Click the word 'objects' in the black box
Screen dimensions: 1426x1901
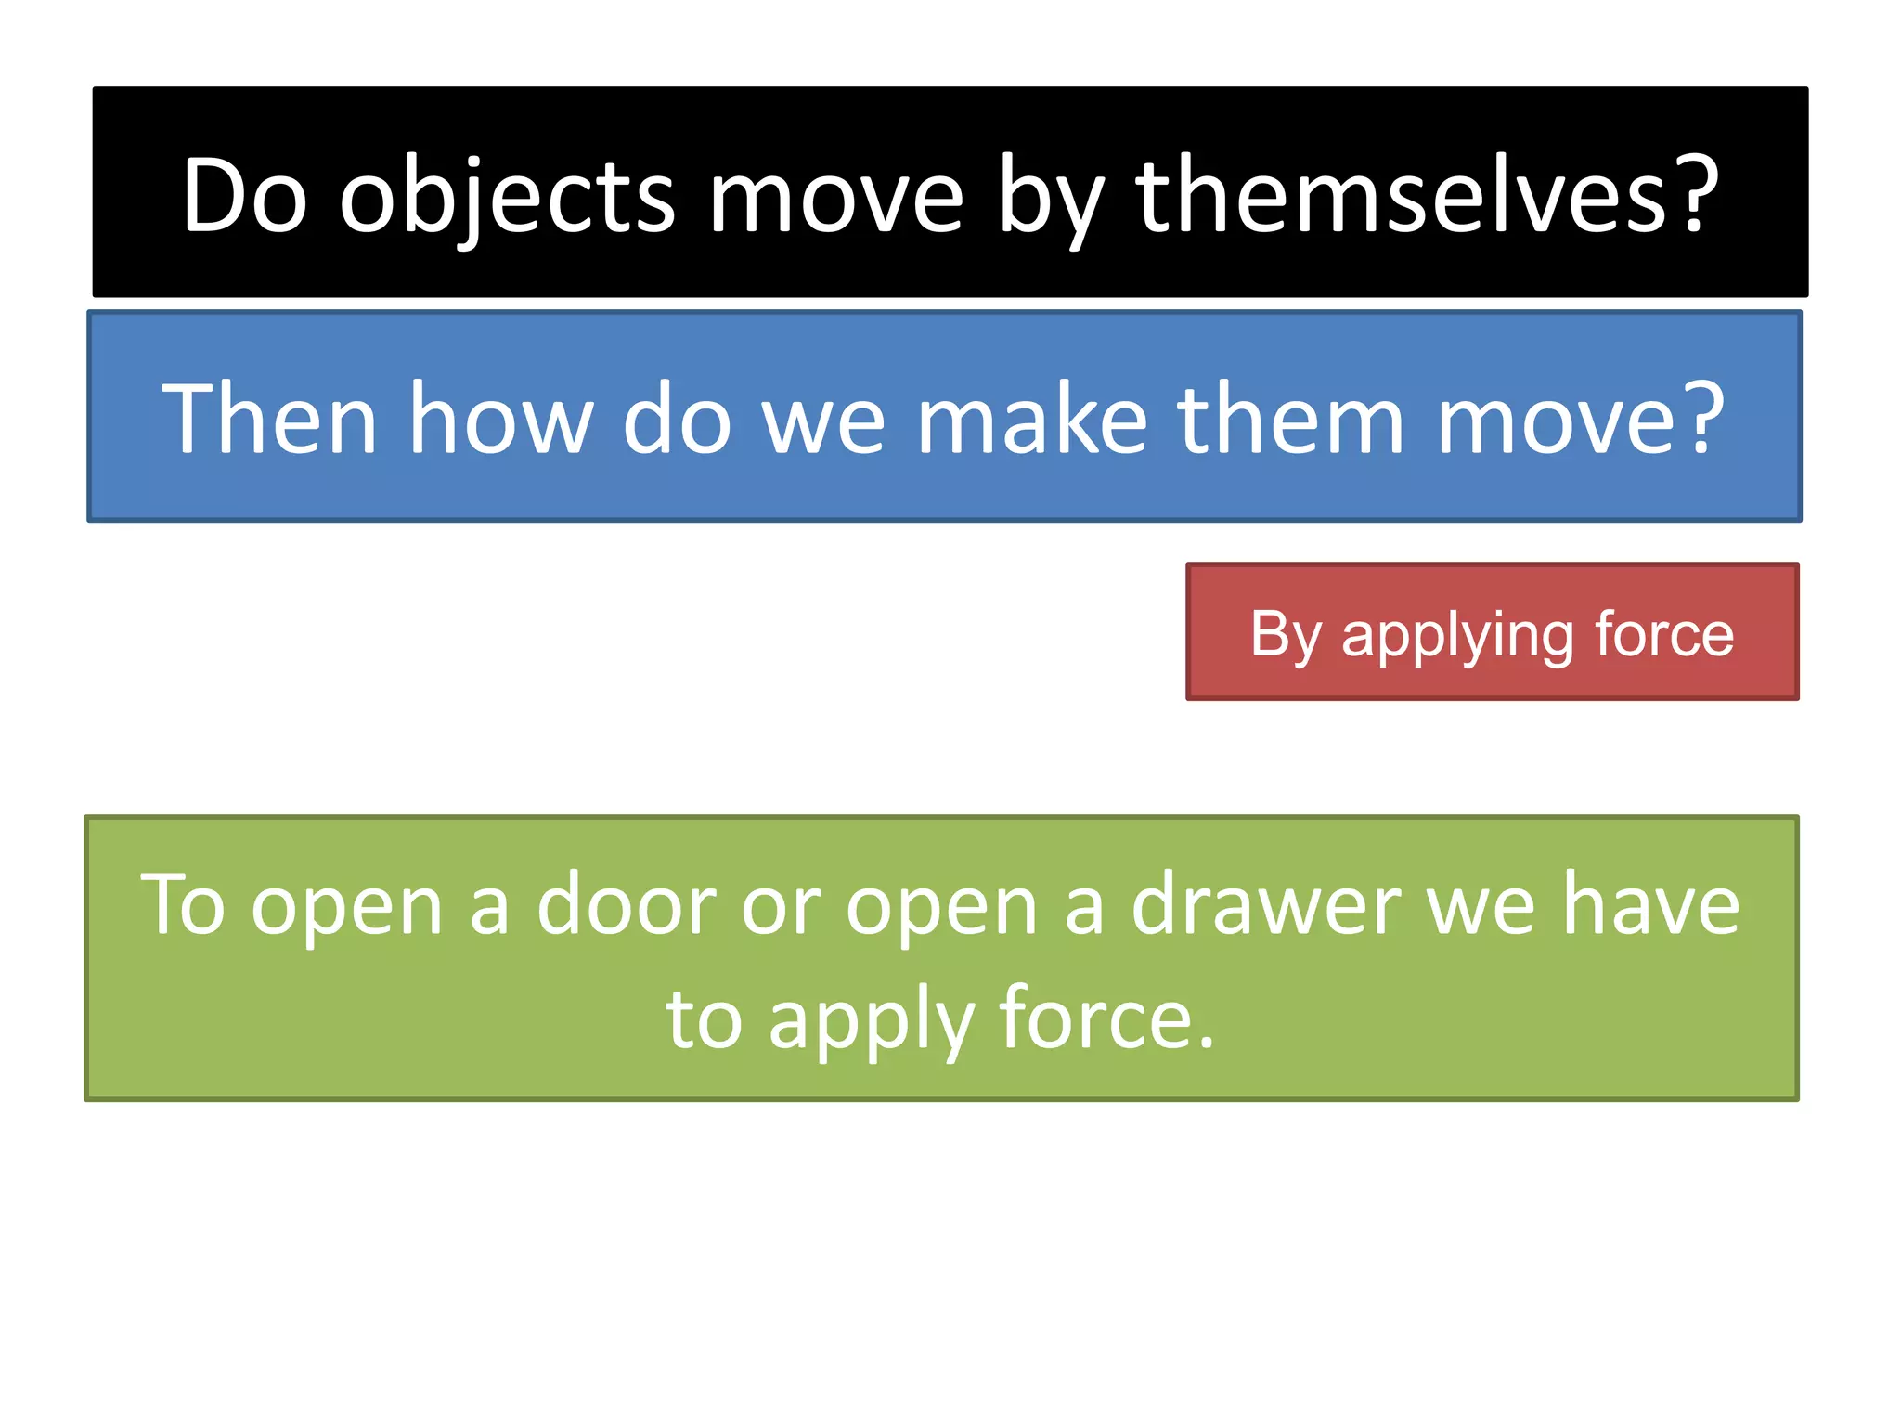[x=507, y=198]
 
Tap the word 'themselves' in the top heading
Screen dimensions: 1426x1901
[x=1402, y=196]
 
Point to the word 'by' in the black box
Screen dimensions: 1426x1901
[x=1049, y=198]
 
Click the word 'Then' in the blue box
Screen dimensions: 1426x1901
[x=269, y=419]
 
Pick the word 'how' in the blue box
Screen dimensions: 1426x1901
[x=501, y=419]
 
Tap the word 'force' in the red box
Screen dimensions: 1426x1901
[x=1663, y=634]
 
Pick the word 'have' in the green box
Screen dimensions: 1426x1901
[x=1651, y=904]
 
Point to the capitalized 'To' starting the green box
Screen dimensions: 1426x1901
[x=183, y=904]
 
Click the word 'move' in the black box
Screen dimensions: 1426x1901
[x=835, y=198]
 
